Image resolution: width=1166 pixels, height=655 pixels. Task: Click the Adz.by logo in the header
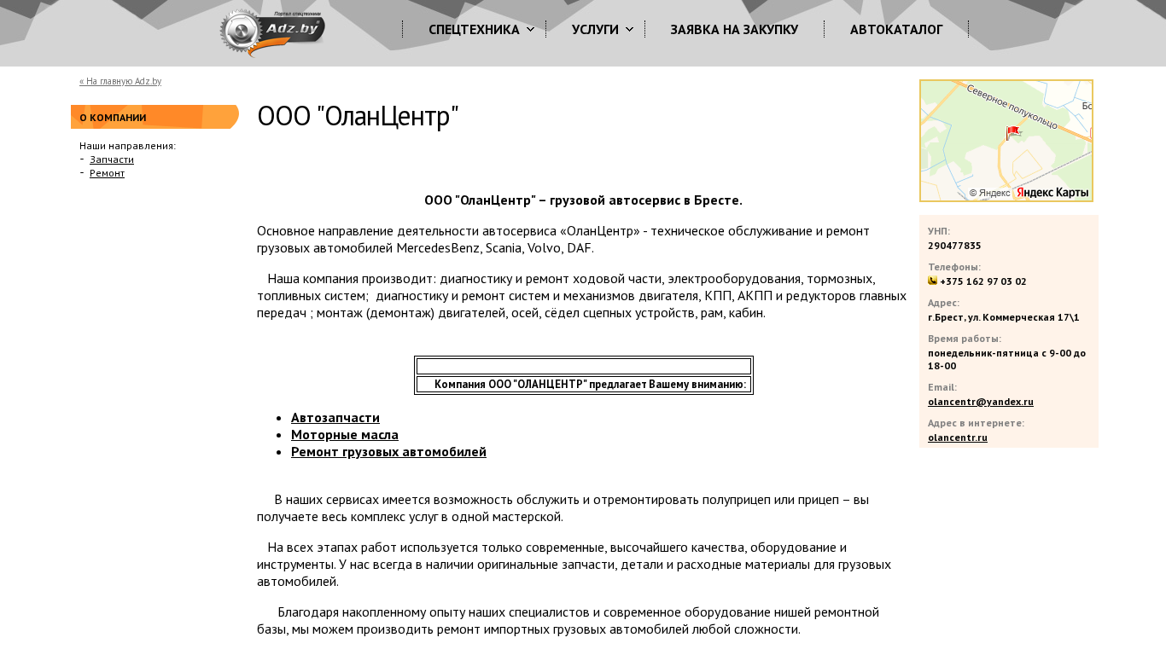coord(273,32)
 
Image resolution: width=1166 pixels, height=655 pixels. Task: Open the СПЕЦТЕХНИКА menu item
coord(474,30)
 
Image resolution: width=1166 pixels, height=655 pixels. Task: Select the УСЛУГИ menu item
coord(595,30)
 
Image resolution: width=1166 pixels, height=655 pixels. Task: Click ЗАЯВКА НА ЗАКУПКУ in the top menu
coord(734,30)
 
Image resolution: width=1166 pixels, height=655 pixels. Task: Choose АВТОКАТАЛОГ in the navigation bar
coord(896,30)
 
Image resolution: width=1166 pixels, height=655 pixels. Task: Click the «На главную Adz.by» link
coord(120,82)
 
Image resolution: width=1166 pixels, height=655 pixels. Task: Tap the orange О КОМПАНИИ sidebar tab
coord(154,117)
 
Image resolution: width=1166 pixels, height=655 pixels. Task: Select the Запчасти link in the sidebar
coord(112,159)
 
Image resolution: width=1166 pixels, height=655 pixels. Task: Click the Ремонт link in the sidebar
coord(107,173)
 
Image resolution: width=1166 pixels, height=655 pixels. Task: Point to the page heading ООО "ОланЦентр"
coord(358,117)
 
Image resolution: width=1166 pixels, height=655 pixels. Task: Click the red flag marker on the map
coord(1012,132)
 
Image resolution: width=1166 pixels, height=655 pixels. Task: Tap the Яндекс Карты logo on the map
coord(1052,193)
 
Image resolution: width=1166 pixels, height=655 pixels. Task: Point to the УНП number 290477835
coord(954,246)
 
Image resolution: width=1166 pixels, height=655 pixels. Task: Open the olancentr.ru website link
coord(958,438)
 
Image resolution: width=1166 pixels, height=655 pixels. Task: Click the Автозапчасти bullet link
coord(335,418)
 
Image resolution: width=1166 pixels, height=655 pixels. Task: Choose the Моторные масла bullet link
coord(345,435)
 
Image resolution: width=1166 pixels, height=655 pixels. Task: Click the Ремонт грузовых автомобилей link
coord(388,452)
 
